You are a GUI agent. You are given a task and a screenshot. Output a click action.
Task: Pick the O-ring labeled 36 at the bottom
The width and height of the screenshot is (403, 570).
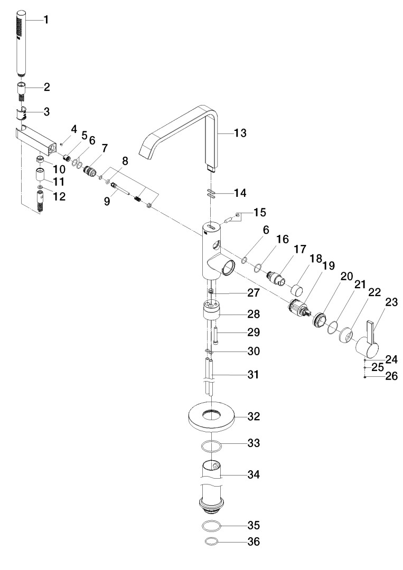coord(211,541)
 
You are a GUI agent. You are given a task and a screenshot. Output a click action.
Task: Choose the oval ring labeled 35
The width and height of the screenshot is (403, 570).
coord(212,526)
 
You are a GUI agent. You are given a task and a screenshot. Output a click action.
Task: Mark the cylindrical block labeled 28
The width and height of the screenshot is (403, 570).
coord(212,309)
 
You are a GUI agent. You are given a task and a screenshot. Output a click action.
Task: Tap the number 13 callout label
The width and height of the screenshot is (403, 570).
coord(240,133)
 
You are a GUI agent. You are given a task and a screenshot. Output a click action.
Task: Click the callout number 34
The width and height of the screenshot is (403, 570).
coord(254,474)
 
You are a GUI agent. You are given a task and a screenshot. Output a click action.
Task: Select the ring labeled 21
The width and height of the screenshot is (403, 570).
coord(333,329)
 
